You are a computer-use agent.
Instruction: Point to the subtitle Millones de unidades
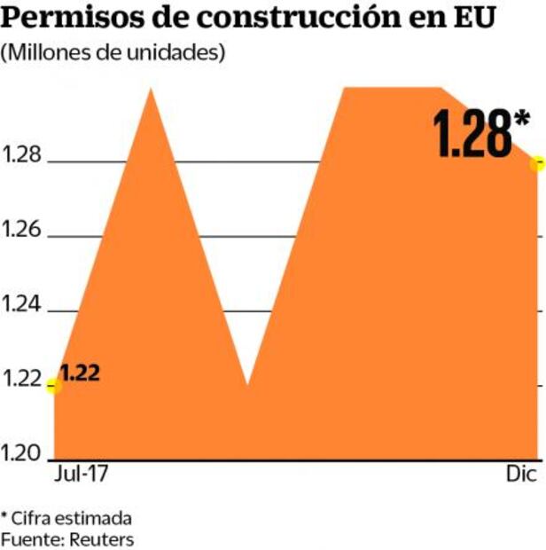(x=113, y=52)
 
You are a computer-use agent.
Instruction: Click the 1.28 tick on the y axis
(x=22, y=156)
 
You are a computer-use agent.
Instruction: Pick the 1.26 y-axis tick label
(x=22, y=231)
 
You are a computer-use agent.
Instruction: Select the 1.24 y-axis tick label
(x=22, y=305)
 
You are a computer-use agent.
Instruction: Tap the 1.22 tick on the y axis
(x=22, y=380)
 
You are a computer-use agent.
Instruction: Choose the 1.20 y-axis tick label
(x=22, y=454)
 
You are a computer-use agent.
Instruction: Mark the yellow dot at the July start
(x=54, y=385)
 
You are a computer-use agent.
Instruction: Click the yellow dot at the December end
(x=537, y=162)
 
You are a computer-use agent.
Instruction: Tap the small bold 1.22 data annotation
(x=80, y=372)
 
